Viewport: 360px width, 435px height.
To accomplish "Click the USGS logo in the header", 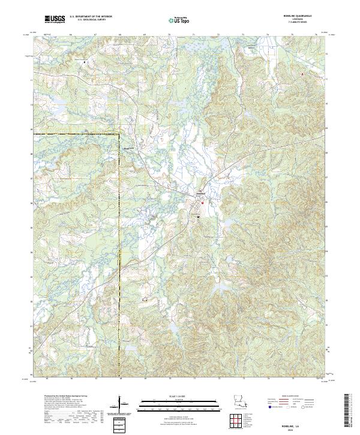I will point(55,19).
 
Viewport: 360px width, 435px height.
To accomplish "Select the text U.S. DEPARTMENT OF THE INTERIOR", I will point(91,17).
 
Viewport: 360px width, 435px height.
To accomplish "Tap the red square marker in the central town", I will point(203,203).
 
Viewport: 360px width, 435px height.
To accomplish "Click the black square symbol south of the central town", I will point(198,217).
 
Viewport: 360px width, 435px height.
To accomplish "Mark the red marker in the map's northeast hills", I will point(302,74).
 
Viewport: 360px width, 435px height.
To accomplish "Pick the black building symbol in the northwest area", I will point(85,62).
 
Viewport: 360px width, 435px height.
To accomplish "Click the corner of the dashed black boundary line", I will point(119,133).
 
